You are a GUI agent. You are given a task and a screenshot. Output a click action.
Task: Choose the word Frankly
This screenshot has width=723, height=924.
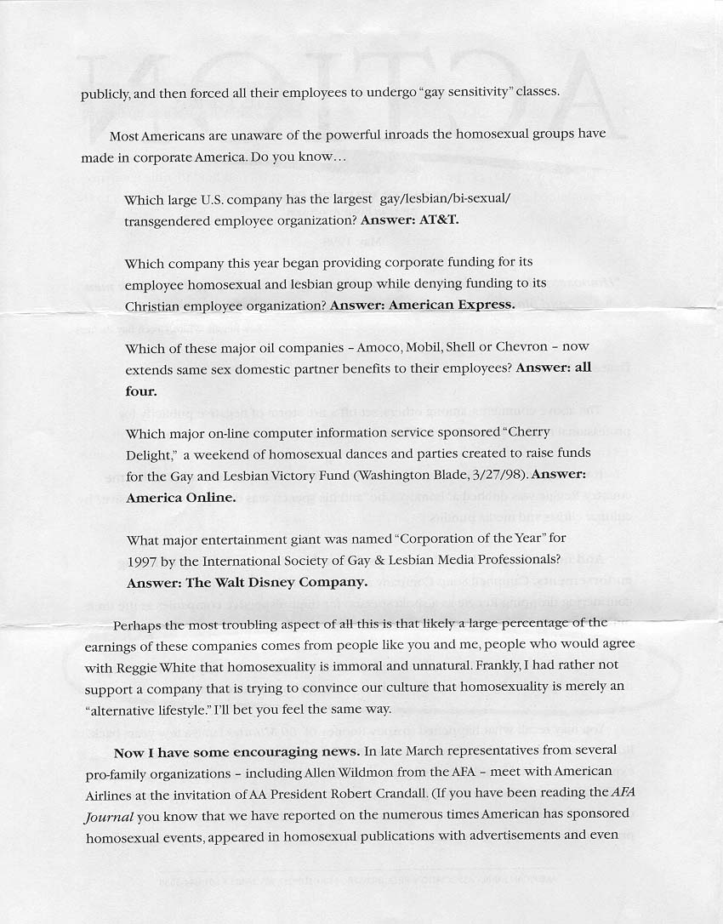[x=481, y=668]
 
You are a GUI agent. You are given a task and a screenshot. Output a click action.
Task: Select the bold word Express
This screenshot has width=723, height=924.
[x=486, y=305]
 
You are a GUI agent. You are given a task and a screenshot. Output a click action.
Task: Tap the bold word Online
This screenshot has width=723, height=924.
[x=207, y=497]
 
